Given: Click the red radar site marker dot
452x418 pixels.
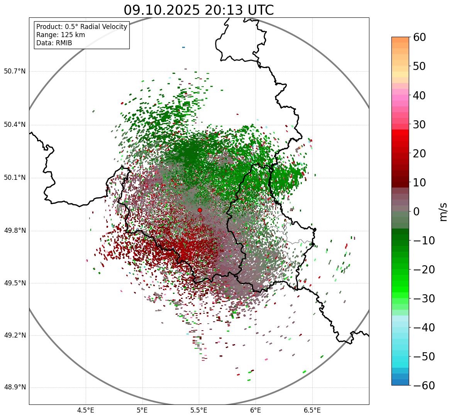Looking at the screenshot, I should pos(200,210).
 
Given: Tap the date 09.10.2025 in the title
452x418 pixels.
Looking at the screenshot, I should pos(161,10).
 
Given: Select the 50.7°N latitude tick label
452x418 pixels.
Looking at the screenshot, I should pos(15,71).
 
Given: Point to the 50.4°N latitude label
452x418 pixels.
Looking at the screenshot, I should pos(15,125).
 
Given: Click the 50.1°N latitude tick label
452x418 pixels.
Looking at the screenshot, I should pos(15,178).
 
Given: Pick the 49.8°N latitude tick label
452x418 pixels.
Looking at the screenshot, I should pos(15,231).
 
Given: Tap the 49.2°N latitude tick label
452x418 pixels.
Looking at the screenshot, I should pos(15,335).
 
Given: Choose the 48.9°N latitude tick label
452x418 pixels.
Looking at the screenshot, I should pos(15,387).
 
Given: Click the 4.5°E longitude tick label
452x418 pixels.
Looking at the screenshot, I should pos(86,410).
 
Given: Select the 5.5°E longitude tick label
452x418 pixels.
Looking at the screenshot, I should pos(199,410).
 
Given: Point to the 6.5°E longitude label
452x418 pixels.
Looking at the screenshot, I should pos(312,410).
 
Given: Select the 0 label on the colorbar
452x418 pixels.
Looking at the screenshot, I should pos(416,212).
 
